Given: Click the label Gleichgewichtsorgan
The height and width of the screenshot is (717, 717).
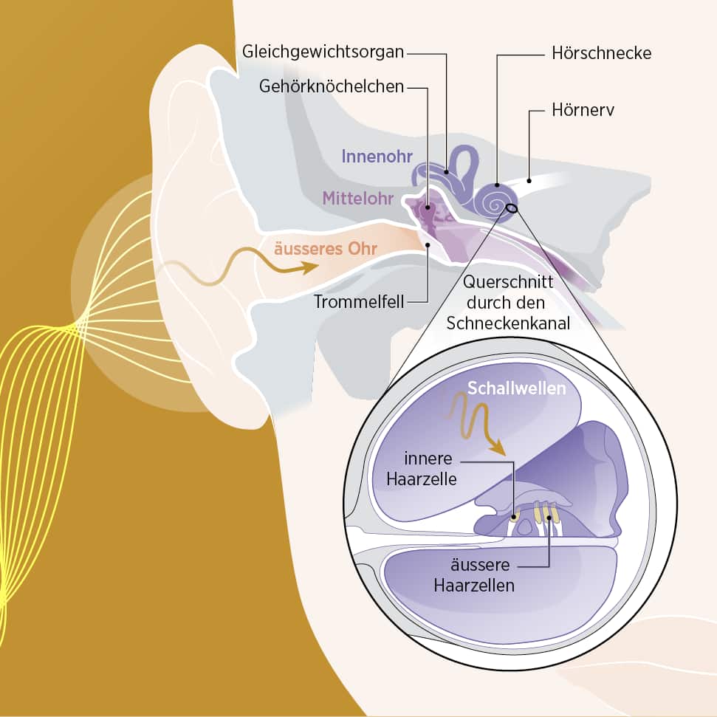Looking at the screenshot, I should (x=323, y=52).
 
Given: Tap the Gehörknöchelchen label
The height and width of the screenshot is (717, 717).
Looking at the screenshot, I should (x=332, y=86).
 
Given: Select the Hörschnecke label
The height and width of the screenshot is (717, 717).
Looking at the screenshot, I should (x=601, y=53).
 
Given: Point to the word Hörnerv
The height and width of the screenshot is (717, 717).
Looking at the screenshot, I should (x=583, y=111).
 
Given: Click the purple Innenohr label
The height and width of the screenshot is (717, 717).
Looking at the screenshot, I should (x=376, y=156).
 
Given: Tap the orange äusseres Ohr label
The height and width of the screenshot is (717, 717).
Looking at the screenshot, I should (x=326, y=249).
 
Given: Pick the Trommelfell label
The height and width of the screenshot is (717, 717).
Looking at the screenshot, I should (x=358, y=302).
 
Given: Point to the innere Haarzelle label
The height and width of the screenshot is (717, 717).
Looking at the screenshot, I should (x=421, y=468).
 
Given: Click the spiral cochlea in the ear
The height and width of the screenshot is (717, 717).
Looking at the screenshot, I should (x=496, y=199).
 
